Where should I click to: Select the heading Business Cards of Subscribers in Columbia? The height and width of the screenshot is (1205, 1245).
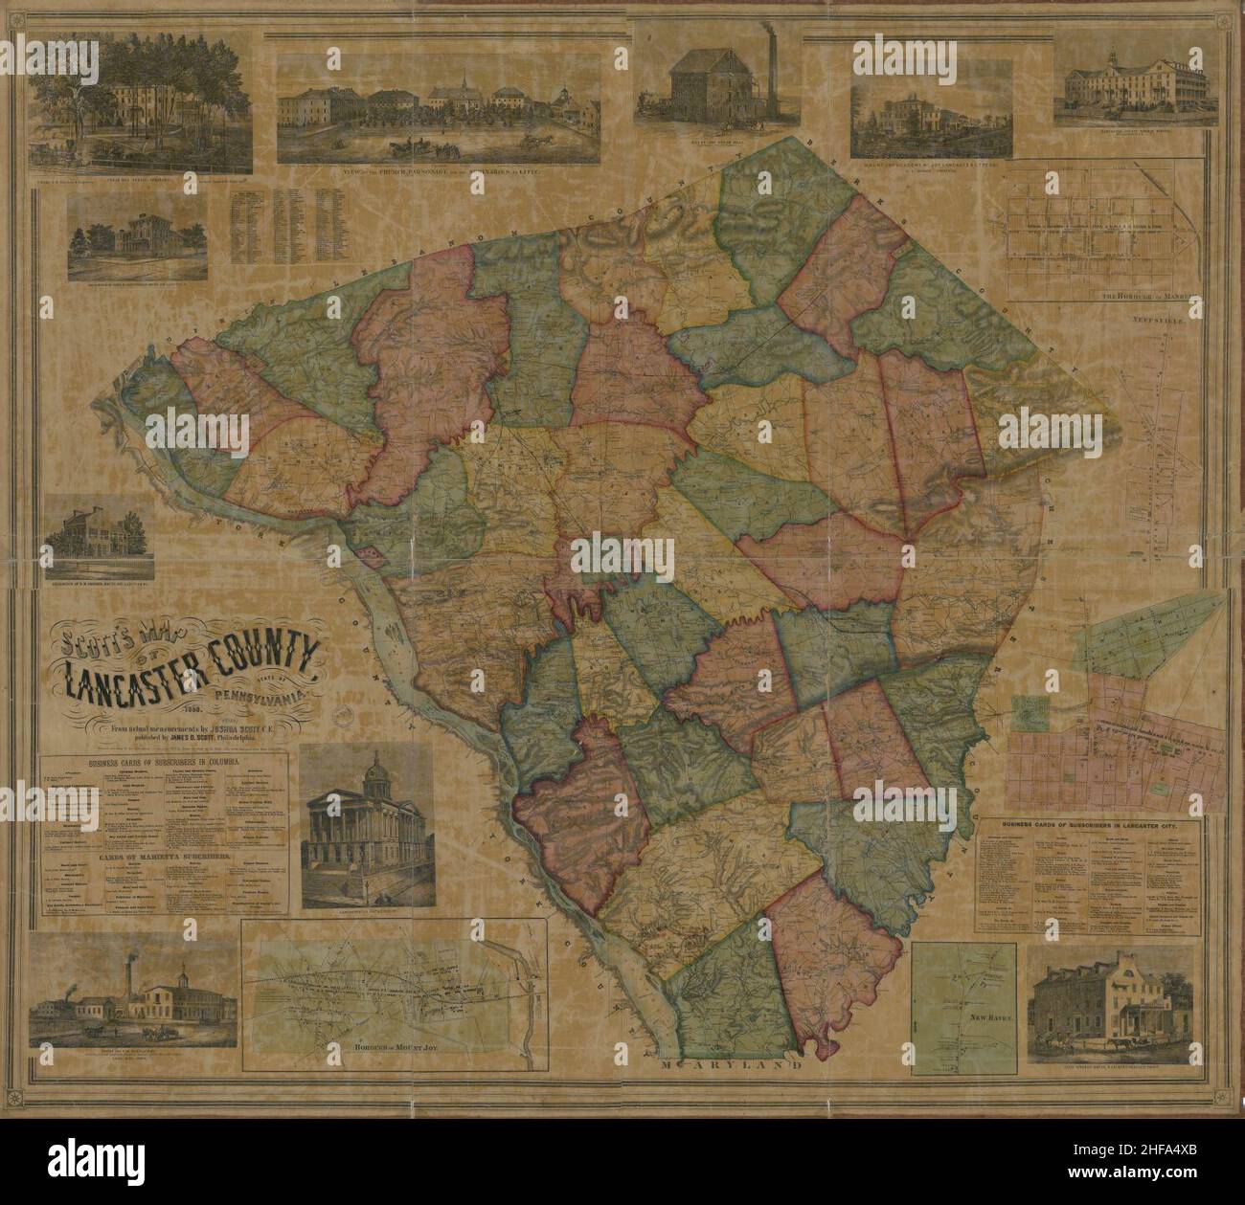point(163,763)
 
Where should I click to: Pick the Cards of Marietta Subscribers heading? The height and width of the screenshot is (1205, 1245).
point(162,857)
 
